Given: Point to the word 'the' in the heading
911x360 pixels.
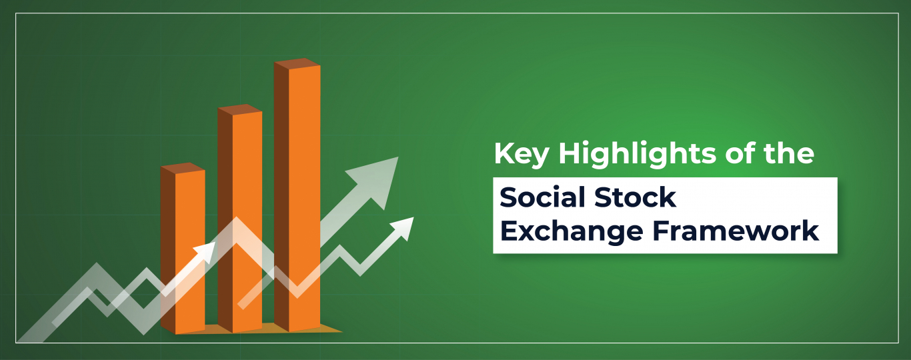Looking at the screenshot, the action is click(789, 153).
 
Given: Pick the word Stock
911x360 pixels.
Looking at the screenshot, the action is click(635, 197).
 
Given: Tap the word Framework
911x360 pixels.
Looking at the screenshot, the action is click(736, 231).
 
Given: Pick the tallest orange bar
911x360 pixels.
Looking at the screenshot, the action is click(297, 195).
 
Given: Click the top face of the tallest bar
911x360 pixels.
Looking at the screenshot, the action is click(297, 63).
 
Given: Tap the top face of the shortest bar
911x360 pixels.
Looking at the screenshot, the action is click(183, 167).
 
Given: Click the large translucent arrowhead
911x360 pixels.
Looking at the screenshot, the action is click(377, 179).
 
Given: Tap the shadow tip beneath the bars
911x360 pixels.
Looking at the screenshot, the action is click(341, 331).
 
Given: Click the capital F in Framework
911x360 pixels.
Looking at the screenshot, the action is click(662, 231).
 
